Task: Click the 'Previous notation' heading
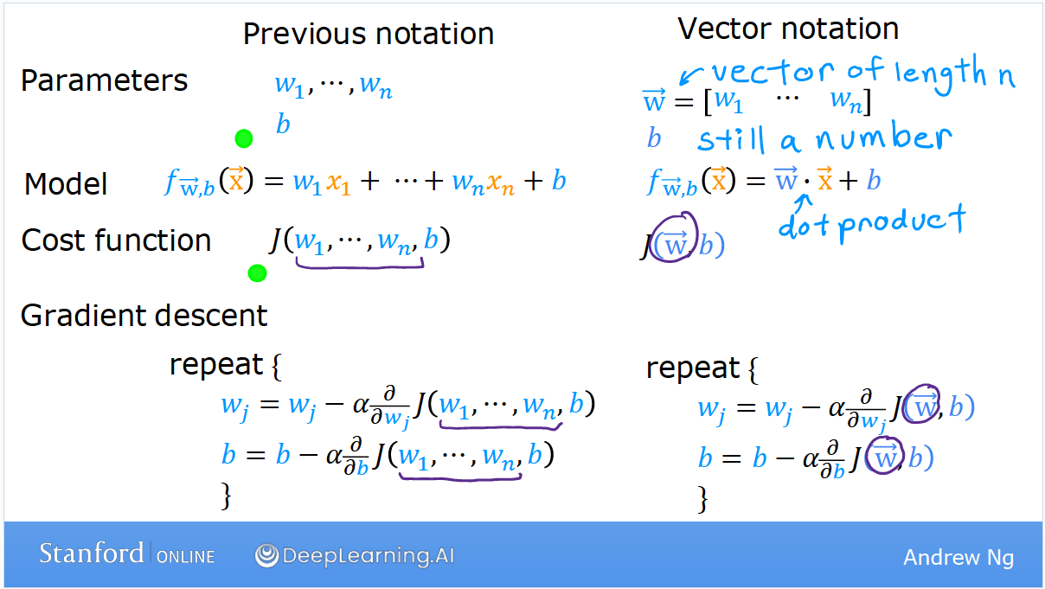(368, 34)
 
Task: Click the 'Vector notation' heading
(788, 29)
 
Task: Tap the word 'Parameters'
(104, 80)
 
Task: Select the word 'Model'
(66, 183)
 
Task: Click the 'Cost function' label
(116, 240)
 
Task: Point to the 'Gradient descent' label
(144, 316)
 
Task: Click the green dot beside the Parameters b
(244, 138)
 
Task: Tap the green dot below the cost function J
(257, 273)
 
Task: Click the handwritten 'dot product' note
(871, 223)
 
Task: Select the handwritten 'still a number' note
(824, 138)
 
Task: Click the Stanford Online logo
(126, 554)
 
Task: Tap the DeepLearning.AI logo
(355, 555)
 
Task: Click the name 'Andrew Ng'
(958, 557)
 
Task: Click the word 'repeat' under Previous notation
(216, 364)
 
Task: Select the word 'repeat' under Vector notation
(693, 368)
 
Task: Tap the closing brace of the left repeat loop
(227, 496)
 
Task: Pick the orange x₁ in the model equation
(337, 182)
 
